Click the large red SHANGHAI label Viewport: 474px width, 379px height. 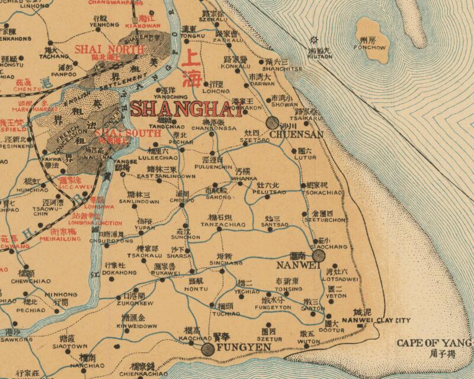coord(187,109)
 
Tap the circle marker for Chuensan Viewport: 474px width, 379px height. coord(273,123)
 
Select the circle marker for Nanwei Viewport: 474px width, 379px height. coord(319,255)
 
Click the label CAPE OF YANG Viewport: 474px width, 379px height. coord(434,343)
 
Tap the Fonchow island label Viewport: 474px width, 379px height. coord(370,47)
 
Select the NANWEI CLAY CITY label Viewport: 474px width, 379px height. coord(377,321)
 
